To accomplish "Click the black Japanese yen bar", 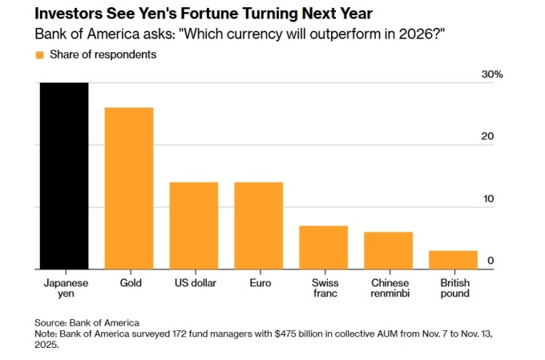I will click(x=65, y=176).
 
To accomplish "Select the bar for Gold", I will click(x=129, y=188).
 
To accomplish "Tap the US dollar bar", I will click(x=194, y=225).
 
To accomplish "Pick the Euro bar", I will click(x=258, y=225).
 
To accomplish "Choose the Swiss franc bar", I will click(x=323, y=247).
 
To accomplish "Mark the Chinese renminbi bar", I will click(x=388, y=250).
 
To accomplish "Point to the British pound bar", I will click(x=453, y=260).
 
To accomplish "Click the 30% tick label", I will click(x=491, y=75).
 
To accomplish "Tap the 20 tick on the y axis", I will click(x=487, y=136).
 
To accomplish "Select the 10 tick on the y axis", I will click(x=487, y=199).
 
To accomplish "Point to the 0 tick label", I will click(x=490, y=261).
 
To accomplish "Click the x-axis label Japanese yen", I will click(x=65, y=288).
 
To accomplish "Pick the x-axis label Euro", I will click(x=258, y=283).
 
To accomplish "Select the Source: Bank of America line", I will click(x=87, y=322).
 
